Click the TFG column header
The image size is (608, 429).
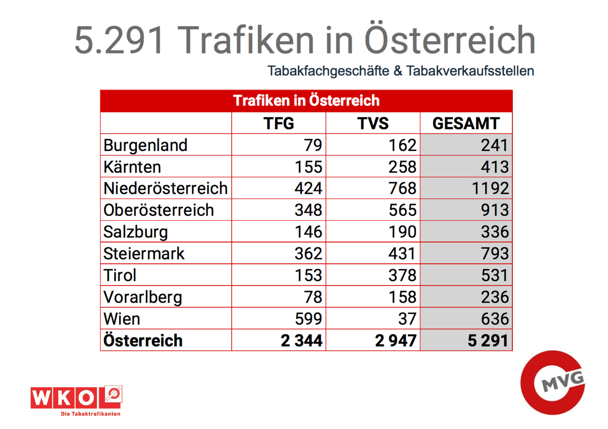[x=278, y=123]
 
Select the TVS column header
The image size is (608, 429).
[x=373, y=123]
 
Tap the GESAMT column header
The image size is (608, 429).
[x=466, y=123]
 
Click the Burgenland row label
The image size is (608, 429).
[x=145, y=145]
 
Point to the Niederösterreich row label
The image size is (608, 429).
[x=165, y=189]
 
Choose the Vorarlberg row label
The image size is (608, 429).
[x=142, y=297]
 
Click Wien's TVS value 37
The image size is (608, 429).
[x=407, y=319]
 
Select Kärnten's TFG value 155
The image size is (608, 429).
[x=308, y=167]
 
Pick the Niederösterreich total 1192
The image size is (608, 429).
[x=490, y=189]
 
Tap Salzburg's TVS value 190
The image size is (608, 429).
[x=402, y=232]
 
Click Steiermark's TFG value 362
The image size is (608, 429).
[x=308, y=254]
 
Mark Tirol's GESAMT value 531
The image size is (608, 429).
[x=495, y=275]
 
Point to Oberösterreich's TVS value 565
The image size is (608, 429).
[x=402, y=210]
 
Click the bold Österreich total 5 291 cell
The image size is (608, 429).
[x=487, y=341]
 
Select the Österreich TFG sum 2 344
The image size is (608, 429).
[x=301, y=341]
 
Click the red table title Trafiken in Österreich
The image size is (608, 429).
[x=306, y=101]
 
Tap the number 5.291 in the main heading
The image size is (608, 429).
[x=119, y=40]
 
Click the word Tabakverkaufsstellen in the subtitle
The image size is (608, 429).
[x=470, y=71]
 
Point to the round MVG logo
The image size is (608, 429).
[x=552, y=382]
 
